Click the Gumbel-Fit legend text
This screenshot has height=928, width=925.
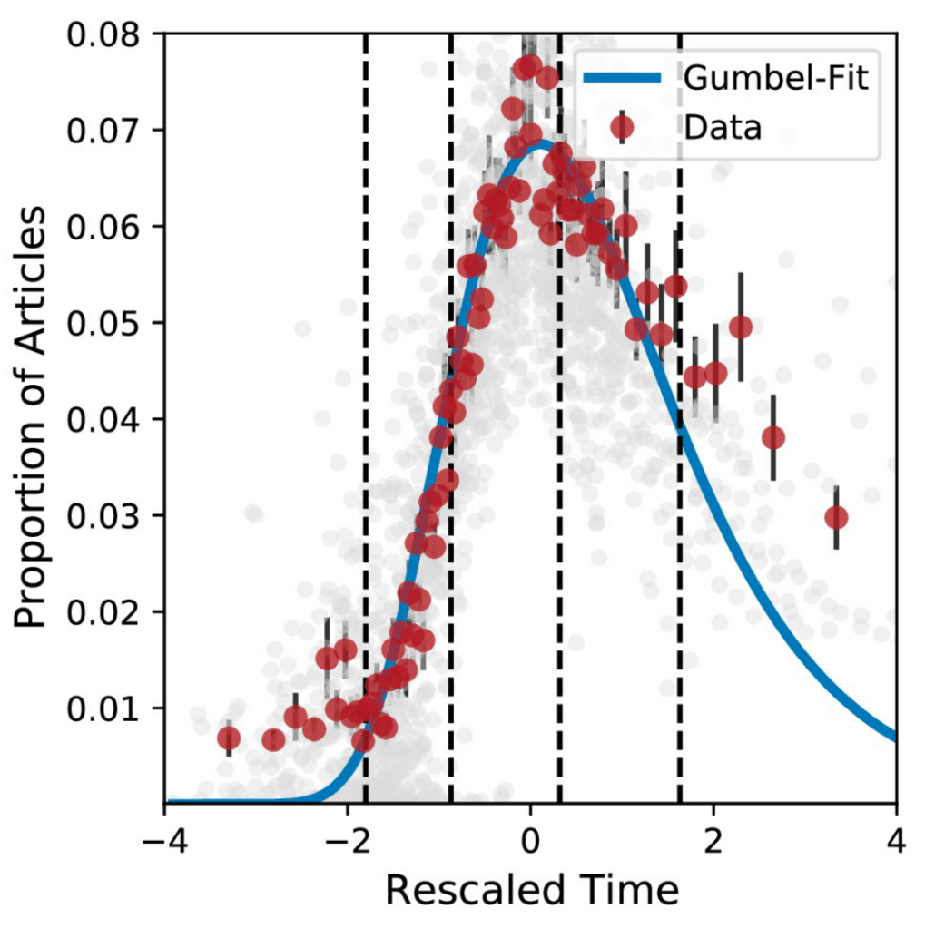(x=776, y=79)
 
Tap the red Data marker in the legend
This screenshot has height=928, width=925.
(x=622, y=128)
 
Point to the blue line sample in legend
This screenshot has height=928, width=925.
(x=622, y=79)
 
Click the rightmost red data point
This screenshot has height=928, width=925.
(x=836, y=518)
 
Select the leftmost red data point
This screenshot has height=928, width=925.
(x=229, y=738)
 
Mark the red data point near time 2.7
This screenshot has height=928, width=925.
(x=773, y=437)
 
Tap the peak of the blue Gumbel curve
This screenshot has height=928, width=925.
(x=541, y=142)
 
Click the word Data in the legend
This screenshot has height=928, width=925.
(x=723, y=128)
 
